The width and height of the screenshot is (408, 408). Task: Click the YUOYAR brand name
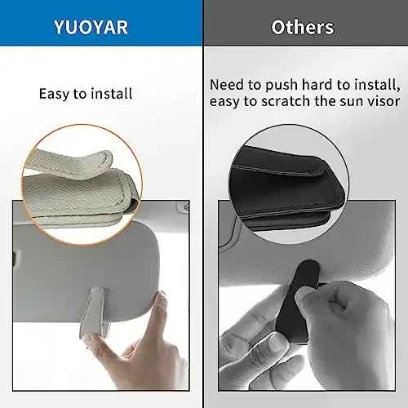point(101,27)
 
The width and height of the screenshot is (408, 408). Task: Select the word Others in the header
point(303,27)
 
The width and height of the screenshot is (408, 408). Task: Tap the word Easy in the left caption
point(55,94)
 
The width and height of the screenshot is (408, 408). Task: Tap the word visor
point(381,101)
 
